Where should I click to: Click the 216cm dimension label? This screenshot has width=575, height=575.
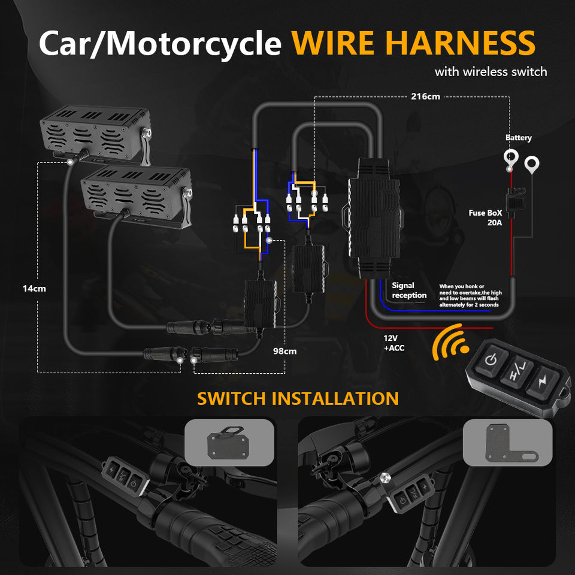pyautogui.click(x=426, y=96)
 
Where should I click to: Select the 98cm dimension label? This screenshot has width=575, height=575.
pyautogui.click(x=284, y=351)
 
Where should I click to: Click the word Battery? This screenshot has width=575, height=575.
pyautogui.click(x=518, y=138)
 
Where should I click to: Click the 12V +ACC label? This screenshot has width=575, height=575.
pyautogui.click(x=394, y=342)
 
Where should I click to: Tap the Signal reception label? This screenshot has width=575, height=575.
pyautogui.click(x=409, y=290)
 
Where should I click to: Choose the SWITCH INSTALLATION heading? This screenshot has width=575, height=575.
pyautogui.click(x=298, y=398)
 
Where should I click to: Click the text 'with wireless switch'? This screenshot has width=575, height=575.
pyautogui.click(x=491, y=72)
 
